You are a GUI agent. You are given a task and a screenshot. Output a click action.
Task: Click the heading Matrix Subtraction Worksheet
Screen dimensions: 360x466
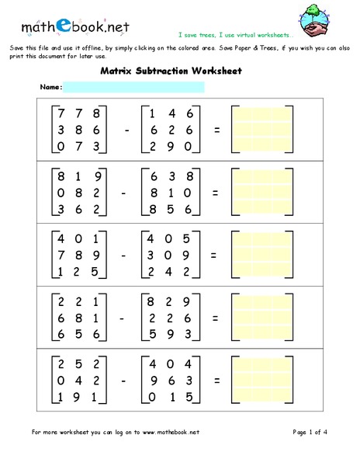coord(171,71)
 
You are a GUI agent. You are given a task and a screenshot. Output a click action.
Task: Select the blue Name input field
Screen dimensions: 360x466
coord(133,87)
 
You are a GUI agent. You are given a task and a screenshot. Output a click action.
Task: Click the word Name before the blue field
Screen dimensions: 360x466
coord(50,87)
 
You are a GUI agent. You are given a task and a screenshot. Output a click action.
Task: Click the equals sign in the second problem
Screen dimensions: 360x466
coord(216,193)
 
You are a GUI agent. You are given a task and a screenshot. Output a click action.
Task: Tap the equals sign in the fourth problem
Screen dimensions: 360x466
coord(216,318)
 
